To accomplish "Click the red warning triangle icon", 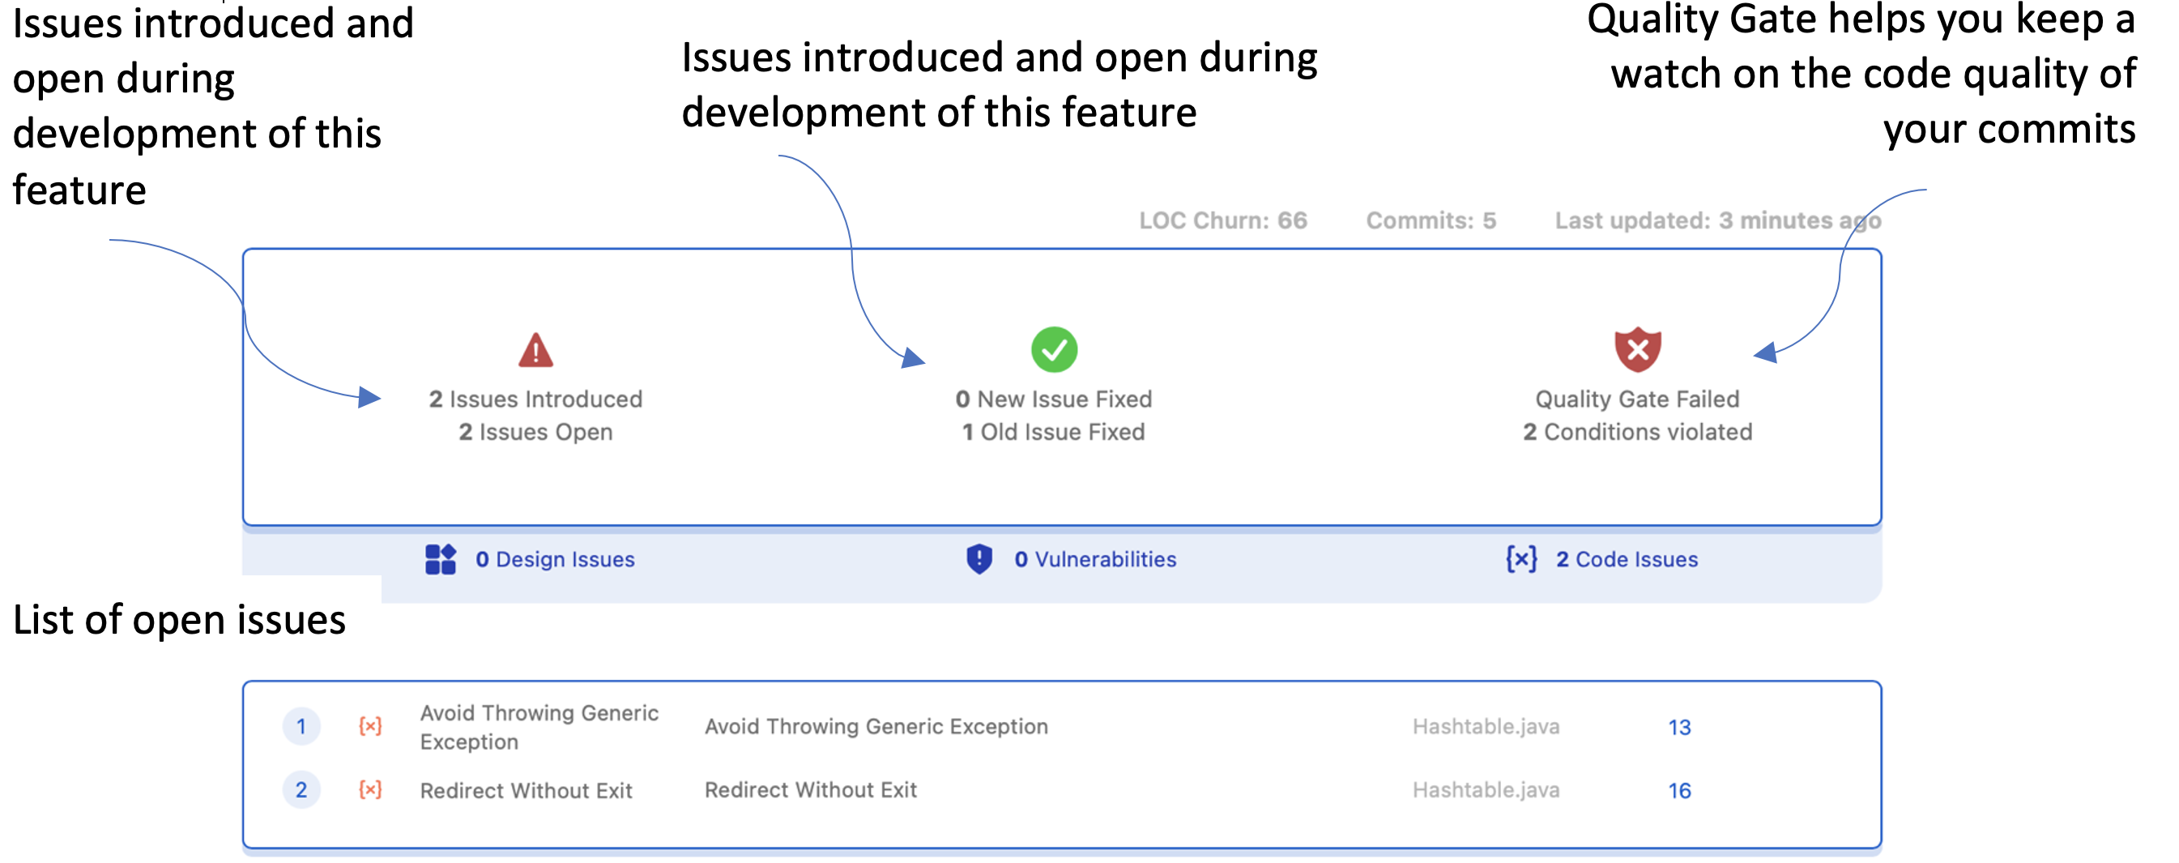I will click(x=535, y=350).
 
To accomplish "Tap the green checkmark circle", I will click(x=1054, y=349).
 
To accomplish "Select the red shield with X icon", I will click(x=1638, y=348).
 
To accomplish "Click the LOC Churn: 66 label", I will click(x=1222, y=221).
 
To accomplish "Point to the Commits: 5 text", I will click(x=1431, y=221).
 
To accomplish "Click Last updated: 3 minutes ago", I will click(x=1717, y=221).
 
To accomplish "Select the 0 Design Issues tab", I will click(x=555, y=559).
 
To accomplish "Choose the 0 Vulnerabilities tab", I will click(x=1094, y=559).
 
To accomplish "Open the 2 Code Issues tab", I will click(x=1626, y=559).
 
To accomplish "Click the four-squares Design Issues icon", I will click(x=440, y=559).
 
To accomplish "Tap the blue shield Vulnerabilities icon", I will click(x=979, y=559).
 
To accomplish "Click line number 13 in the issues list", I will click(x=1679, y=727).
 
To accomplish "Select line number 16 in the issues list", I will click(x=1679, y=790).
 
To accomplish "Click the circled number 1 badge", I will click(x=301, y=726).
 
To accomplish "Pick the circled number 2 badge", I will click(x=301, y=789).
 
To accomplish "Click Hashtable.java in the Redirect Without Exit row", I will click(x=1486, y=789).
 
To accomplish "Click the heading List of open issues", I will click(x=179, y=620).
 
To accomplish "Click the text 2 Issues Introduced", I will click(x=535, y=399).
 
